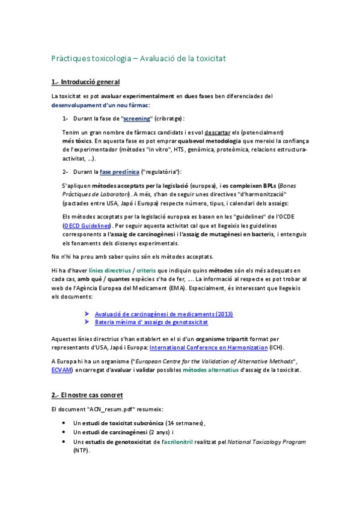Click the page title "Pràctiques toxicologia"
(x=90, y=59)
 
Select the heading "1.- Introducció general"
(x=85, y=82)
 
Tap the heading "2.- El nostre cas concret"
(x=87, y=395)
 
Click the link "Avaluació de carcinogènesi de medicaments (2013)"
(x=163, y=314)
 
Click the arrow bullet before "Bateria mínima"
(x=87, y=323)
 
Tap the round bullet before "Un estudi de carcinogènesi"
(x=64, y=432)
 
